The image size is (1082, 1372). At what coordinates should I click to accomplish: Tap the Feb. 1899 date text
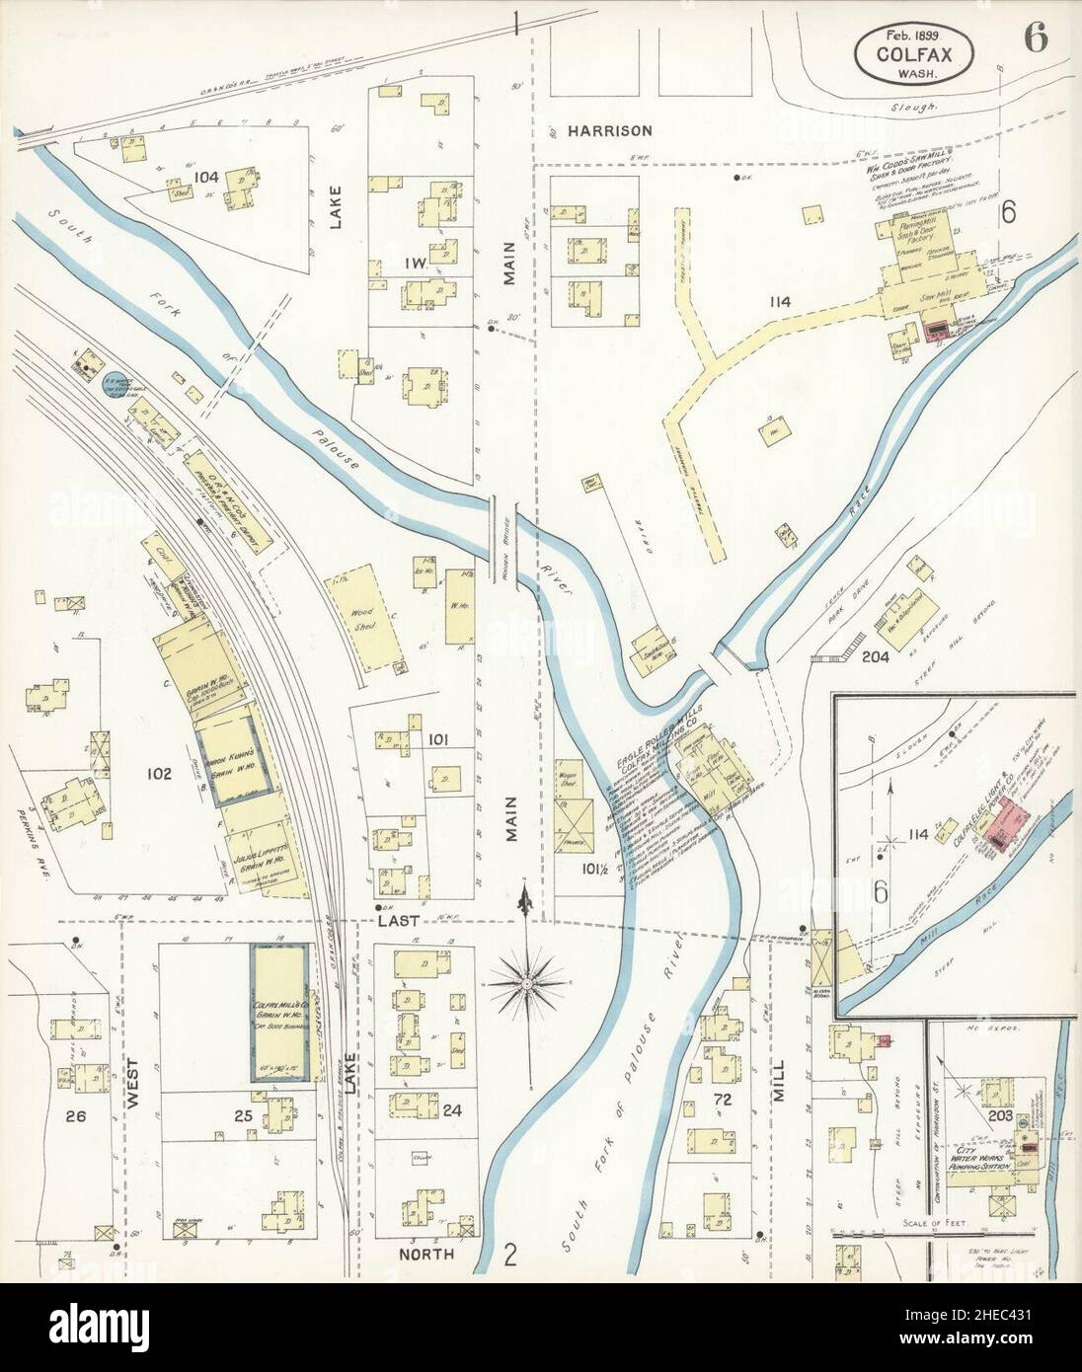904,34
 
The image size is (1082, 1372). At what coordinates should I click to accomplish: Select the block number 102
159,774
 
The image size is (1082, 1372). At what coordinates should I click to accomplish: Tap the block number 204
875,656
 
